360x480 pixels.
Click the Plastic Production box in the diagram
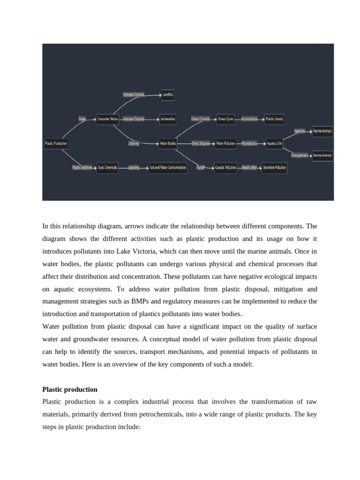coord(56,143)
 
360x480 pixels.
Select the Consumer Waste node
coord(107,119)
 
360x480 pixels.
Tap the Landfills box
coord(167,95)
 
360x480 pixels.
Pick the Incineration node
coord(168,119)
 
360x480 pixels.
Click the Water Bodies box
coord(168,143)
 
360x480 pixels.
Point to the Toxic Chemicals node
coord(107,167)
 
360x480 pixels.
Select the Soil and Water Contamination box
coord(168,167)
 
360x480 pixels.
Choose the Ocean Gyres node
coord(225,119)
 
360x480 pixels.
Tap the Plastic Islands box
coord(274,119)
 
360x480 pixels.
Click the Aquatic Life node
coord(274,143)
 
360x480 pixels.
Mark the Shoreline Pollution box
coord(274,167)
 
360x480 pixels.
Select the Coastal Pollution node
coord(225,167)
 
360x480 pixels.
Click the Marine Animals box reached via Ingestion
coord(322,131)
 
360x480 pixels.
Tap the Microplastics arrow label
coord(249,143)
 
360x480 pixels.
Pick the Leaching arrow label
coord(134,167)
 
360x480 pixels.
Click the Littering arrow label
coord(134,143)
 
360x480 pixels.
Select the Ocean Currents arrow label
coord(201,119)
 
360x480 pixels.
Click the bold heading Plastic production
coord(70,390)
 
